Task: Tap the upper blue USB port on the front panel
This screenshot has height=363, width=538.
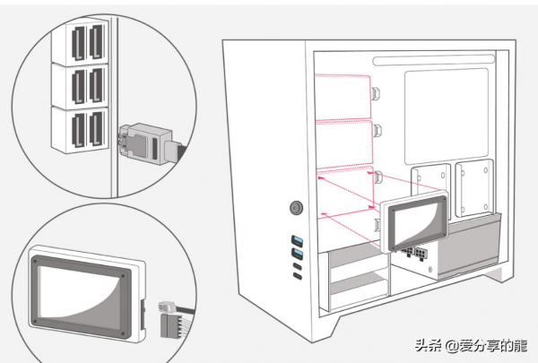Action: tap(297, 240)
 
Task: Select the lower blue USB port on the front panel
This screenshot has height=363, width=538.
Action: tap(297, 255)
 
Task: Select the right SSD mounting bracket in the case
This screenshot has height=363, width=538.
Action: tap(473, 189)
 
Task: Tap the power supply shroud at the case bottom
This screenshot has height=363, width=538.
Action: tap(448, 251)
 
